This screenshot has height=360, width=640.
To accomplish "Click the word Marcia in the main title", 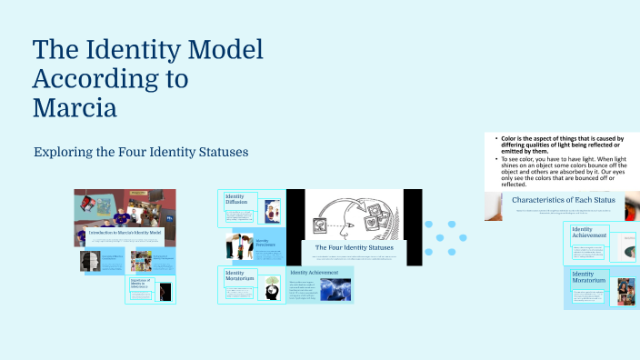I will click(x=75, y=108).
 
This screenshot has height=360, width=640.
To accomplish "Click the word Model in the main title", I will click(x=219, y=49).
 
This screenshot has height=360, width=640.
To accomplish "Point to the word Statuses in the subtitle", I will click(x=219, y=150).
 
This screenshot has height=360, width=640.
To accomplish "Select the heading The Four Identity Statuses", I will click(x=354, y=247).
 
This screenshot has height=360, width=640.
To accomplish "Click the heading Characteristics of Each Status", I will click(x=564, y=200).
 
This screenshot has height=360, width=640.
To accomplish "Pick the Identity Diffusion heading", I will click(x=235, y=200).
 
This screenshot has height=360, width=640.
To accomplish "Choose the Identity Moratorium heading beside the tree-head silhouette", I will click(x=235, y=276).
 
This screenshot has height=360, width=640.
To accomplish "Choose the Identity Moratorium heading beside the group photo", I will click(x=589, y=277).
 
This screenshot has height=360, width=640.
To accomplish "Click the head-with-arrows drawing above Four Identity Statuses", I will click(x=354, y=215).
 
